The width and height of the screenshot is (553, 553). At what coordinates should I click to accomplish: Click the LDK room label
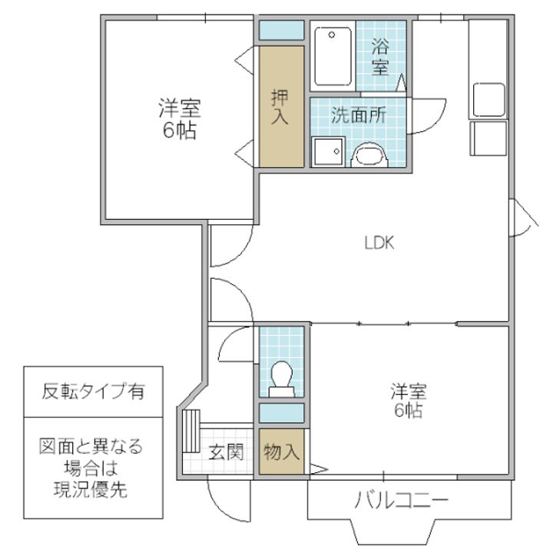[379, 243]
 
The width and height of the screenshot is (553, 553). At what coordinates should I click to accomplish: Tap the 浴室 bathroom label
[379, 56]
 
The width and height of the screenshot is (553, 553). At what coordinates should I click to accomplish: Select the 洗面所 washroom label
[358, 116]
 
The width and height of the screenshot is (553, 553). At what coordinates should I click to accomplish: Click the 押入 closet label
[280, 108]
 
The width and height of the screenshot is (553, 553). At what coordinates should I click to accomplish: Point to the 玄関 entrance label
[226, 452]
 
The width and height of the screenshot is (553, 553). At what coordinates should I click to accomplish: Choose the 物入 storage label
[280, 452]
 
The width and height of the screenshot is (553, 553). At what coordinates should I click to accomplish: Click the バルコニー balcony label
[401, 502]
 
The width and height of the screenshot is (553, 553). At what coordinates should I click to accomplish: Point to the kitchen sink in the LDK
[488, 98]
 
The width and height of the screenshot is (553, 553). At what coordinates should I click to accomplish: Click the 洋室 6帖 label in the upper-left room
[179, 118]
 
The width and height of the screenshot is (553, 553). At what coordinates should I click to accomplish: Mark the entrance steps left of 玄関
[191, 431]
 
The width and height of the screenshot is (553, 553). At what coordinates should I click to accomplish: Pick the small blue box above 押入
[280, 31]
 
